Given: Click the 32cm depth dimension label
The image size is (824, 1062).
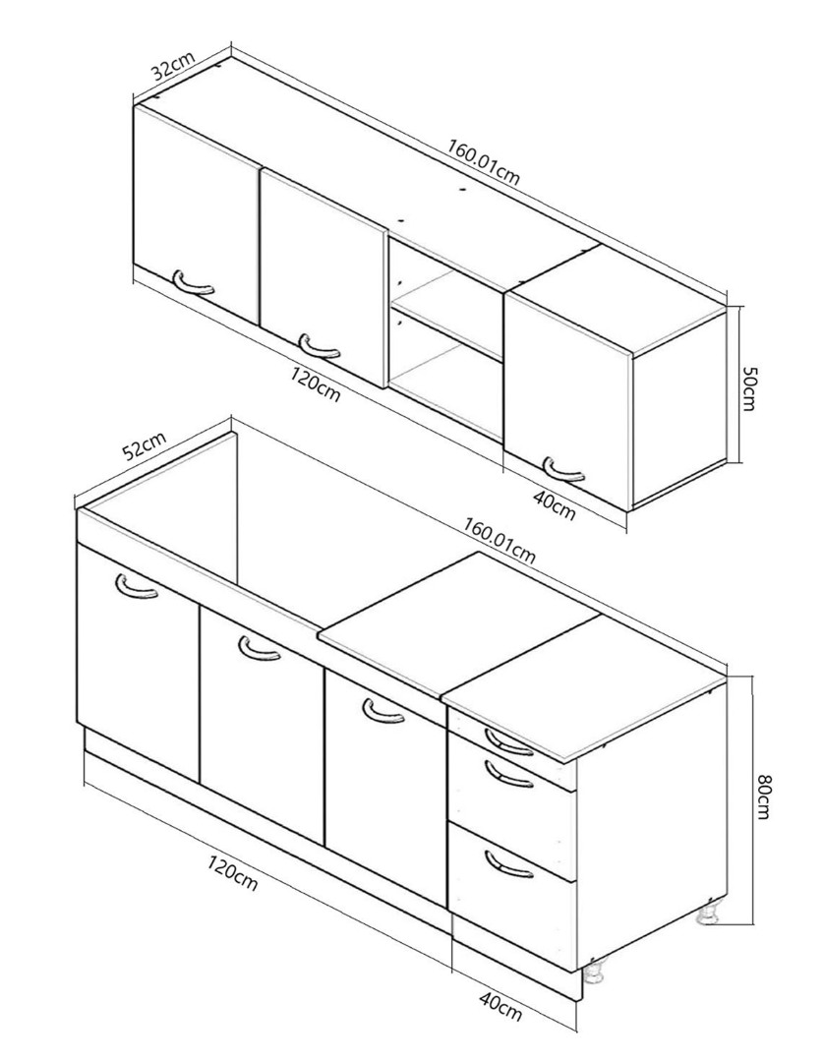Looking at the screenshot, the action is click(173, 67).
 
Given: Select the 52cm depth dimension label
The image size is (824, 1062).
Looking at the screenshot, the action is click(145, 446).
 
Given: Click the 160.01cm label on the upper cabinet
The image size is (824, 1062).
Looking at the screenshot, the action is click(484, 162).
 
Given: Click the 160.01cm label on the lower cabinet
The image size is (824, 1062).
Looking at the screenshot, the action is click(499, 541).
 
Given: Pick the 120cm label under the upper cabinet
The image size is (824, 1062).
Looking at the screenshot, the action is click(316, 384).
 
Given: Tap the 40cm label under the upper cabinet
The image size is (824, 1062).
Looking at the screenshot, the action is click(555, 506).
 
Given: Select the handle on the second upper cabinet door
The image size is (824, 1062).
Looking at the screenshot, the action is click(319, 345).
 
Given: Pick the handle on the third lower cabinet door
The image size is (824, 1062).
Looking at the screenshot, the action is click(383, 711).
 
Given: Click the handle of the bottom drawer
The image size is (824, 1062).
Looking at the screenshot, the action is click(508, 864).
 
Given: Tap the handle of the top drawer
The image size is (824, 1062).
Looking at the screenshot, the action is click(508, 740).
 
